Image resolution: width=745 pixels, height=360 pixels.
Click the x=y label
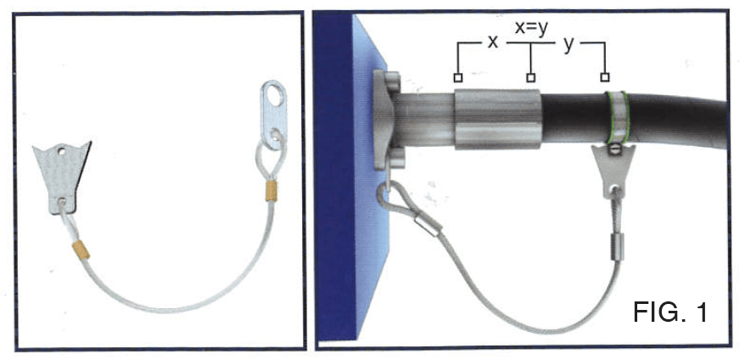tap(532, 29)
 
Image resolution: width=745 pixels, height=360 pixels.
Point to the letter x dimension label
tap(493, 42)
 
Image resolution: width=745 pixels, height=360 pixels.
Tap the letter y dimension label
tap(568, 46)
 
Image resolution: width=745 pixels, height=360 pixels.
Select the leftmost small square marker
tap(458, 77)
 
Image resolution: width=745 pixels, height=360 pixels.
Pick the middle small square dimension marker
tap(531, 77)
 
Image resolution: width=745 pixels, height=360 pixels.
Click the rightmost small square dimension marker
tap(604, 77)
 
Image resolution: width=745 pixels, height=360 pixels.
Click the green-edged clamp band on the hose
tap(616, 117)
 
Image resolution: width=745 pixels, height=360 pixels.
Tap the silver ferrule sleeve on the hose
tap(497, 119)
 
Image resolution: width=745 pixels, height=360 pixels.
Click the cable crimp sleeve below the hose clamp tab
tap(616, 245)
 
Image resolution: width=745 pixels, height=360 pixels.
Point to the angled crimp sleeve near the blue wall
tap(427, 225)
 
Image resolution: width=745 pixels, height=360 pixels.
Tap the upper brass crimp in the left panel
tap(272, 191)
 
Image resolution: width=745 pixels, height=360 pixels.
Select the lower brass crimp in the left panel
tap(81, 250)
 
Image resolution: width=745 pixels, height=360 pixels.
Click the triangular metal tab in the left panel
tap(61, 177)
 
